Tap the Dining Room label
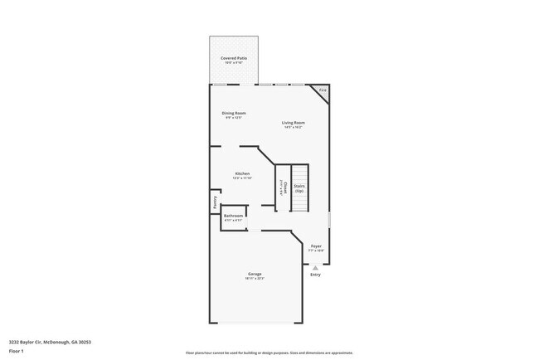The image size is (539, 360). pos(233,113)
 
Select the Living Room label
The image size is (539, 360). pos(293,123)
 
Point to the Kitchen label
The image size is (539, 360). pos(242,173)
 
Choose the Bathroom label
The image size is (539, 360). pos(233,216)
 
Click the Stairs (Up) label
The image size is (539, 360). pos(299,188)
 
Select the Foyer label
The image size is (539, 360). pos(316,246)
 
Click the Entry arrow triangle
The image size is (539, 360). pos(315,267)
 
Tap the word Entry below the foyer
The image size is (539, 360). pos(315,275)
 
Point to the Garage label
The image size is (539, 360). pos(254,274)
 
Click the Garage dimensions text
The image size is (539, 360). pos(254,279)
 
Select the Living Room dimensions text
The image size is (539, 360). pos(293,128)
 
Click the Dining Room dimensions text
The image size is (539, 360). pos(233,118)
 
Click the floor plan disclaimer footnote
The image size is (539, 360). pos(269,353)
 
